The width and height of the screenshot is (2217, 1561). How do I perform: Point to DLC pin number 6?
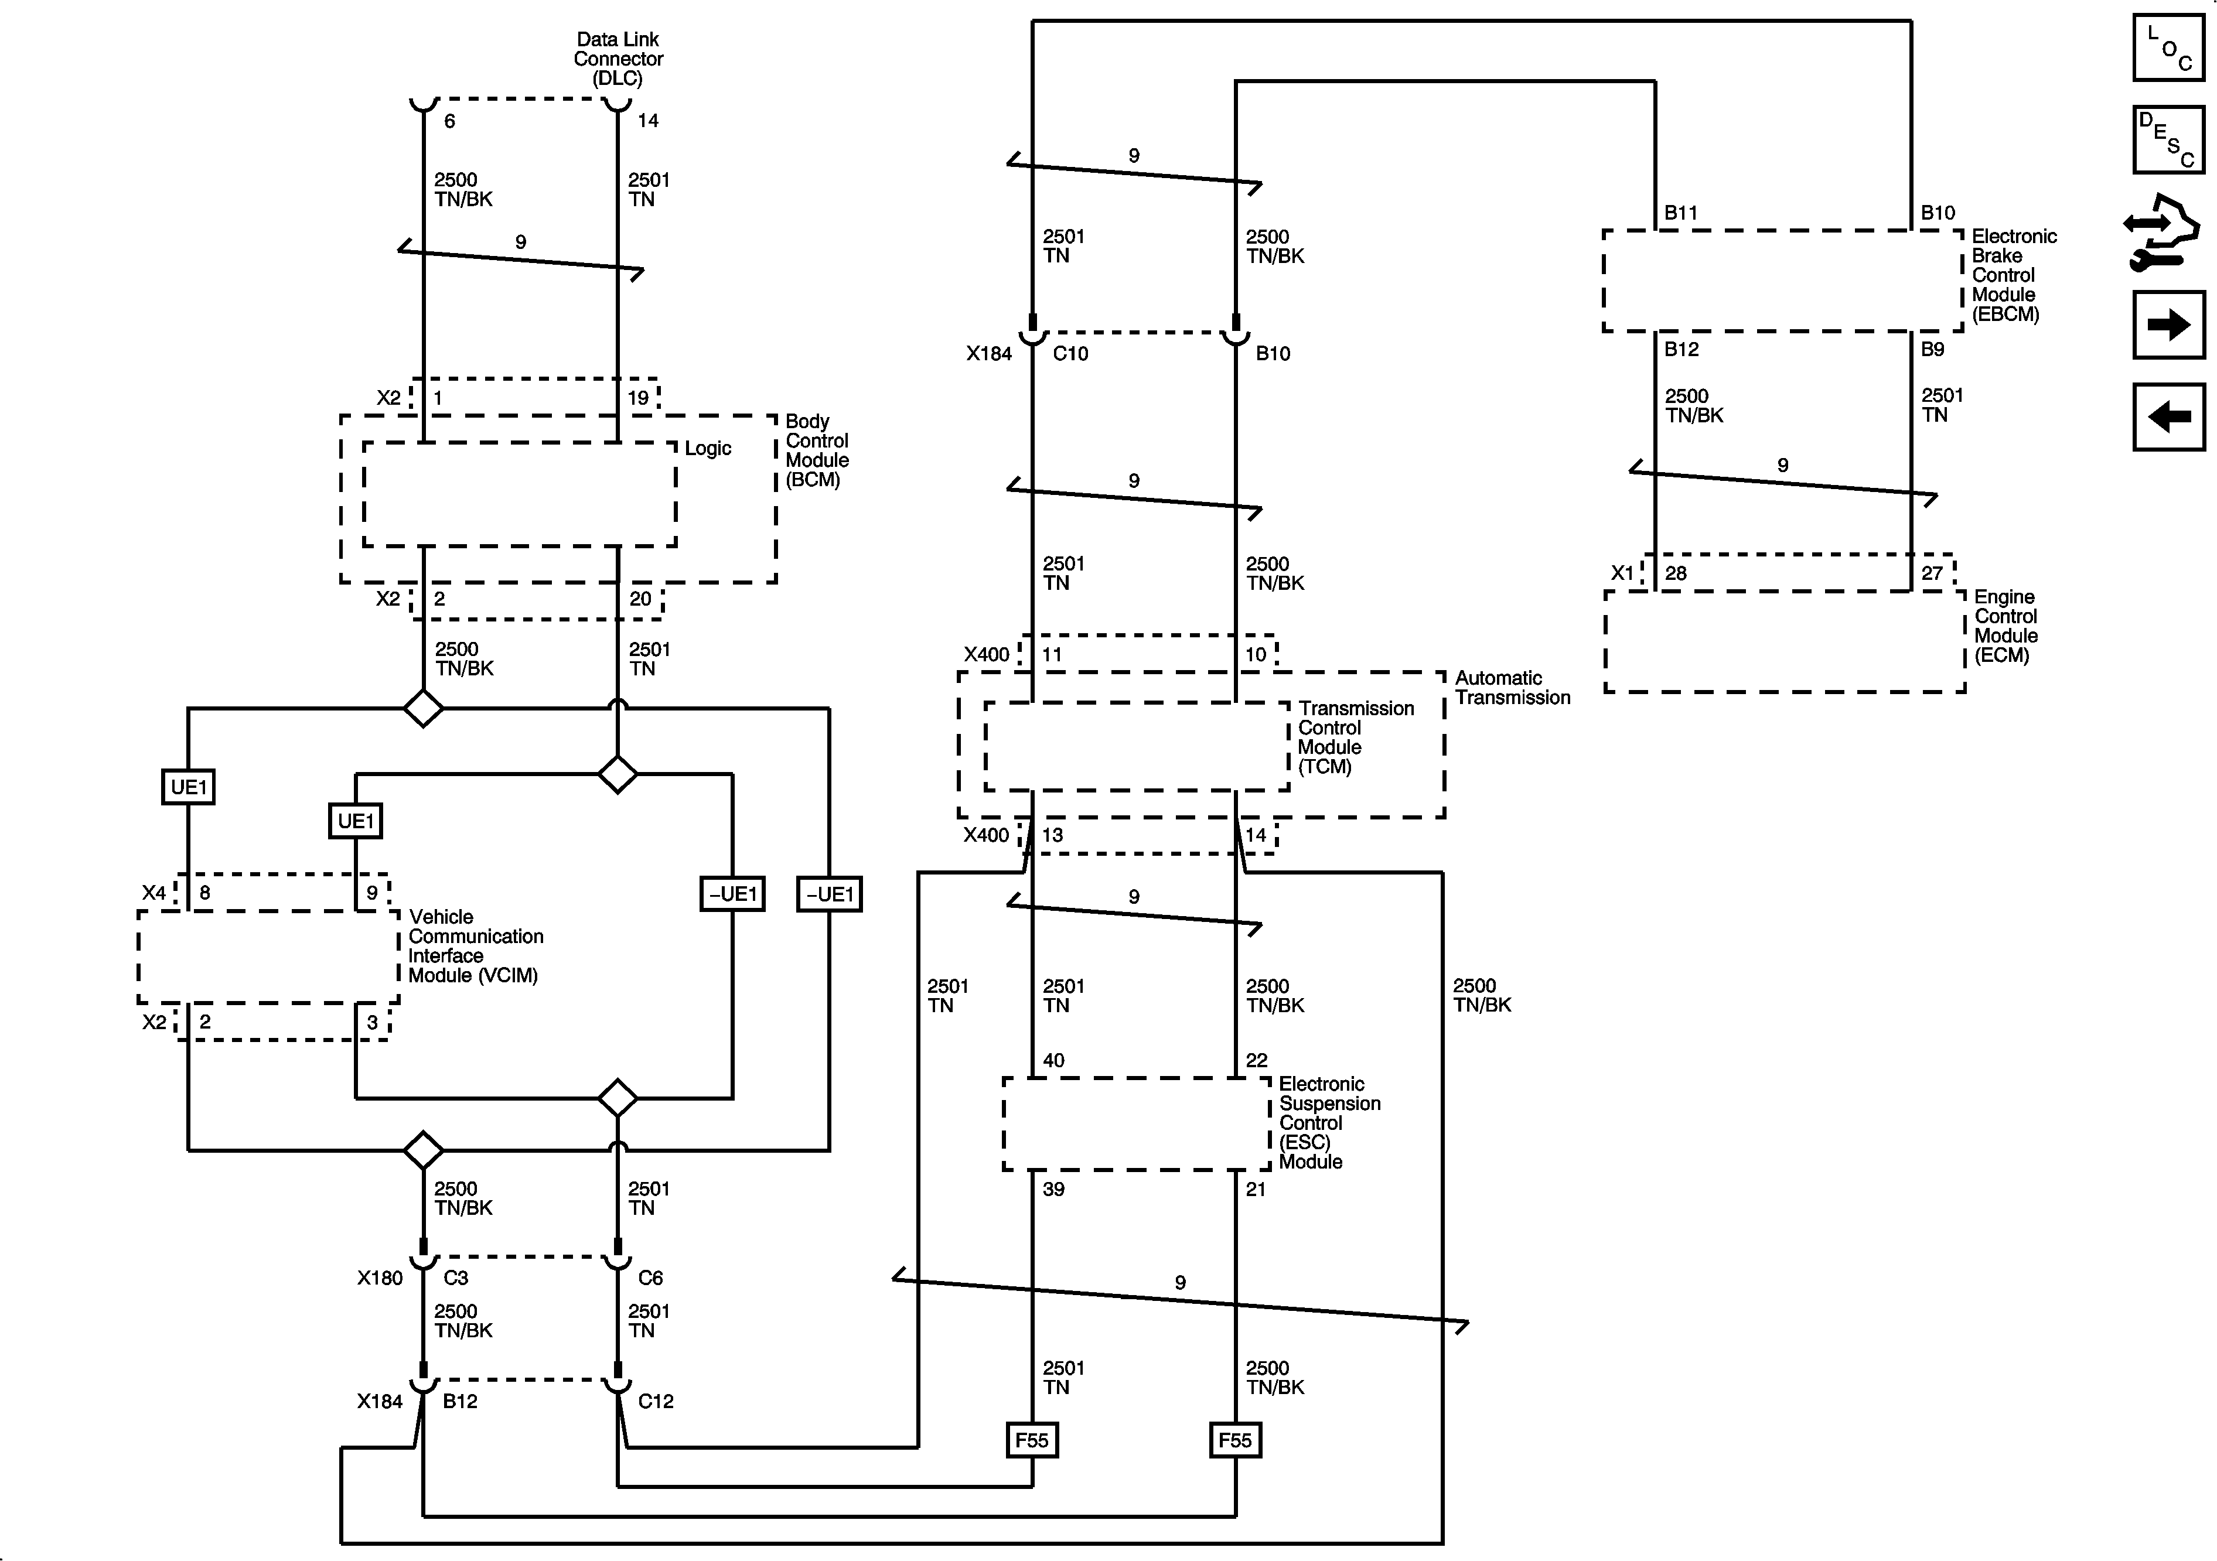click(449, 121)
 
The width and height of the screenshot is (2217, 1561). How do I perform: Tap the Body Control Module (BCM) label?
click(817, 450)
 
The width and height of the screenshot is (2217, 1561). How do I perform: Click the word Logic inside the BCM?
click(708, 448)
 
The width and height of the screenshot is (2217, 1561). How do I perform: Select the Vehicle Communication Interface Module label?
click(475, 946)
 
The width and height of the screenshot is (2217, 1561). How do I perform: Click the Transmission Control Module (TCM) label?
click(1356, 737)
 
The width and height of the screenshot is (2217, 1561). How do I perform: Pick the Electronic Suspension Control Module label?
click(1329, 1123)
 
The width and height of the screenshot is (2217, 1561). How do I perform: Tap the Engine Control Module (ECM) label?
click(2005, 626)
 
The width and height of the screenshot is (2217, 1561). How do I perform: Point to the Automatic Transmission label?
click(1512, 687)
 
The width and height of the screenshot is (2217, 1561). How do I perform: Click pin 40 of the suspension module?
click(1053, 1060)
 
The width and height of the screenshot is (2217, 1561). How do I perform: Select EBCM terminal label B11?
click(1680, 213)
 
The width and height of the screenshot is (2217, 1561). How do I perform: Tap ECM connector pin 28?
click(1675, 573)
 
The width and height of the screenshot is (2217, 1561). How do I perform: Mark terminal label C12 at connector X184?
click(656, 1401)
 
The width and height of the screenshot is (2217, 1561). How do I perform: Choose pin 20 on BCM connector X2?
click(640, 599)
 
